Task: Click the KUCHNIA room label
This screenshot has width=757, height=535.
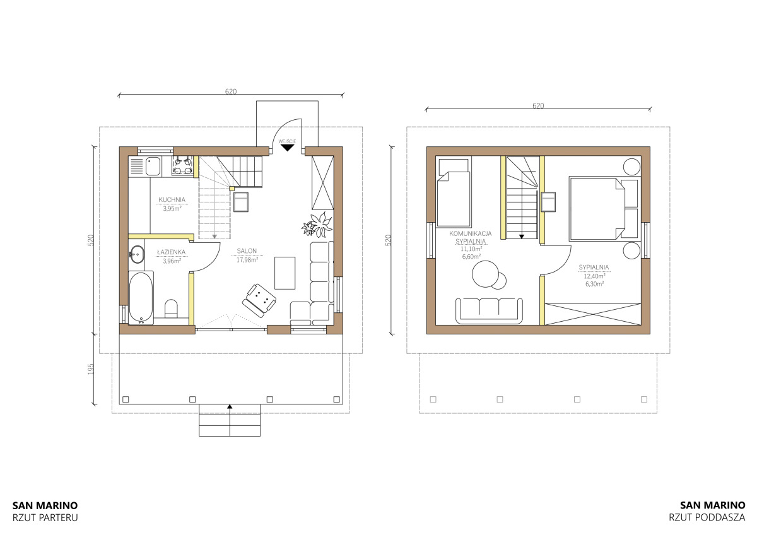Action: (x=172, y=200)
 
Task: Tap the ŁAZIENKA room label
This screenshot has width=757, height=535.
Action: (x=172, y=252)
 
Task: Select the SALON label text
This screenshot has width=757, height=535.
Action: (x=247, y=251)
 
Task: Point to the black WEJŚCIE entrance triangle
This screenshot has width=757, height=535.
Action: (x=287, y=148)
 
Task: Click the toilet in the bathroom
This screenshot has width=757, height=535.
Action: (x=172, y=309)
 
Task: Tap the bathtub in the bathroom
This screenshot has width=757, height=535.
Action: (x=141, y=298)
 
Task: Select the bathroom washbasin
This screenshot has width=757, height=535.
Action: (x=137, y=254)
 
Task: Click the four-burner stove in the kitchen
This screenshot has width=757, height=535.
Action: (x=182, y=165)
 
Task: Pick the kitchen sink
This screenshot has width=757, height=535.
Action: (x=153, y=167)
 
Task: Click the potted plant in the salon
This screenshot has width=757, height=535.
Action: (x=317, y=225)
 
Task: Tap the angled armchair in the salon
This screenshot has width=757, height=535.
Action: (x=259, y=300)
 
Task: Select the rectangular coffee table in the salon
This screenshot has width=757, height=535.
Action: (x=285, y=273)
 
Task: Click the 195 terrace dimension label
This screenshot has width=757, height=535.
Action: (x=91, y=369)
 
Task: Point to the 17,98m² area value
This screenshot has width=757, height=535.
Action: (x=247, y=260)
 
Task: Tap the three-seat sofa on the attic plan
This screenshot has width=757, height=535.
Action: (x=489, y=311)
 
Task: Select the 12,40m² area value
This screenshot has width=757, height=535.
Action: (x=594, y=276)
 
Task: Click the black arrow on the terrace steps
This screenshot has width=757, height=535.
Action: (x=230, y=406)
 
